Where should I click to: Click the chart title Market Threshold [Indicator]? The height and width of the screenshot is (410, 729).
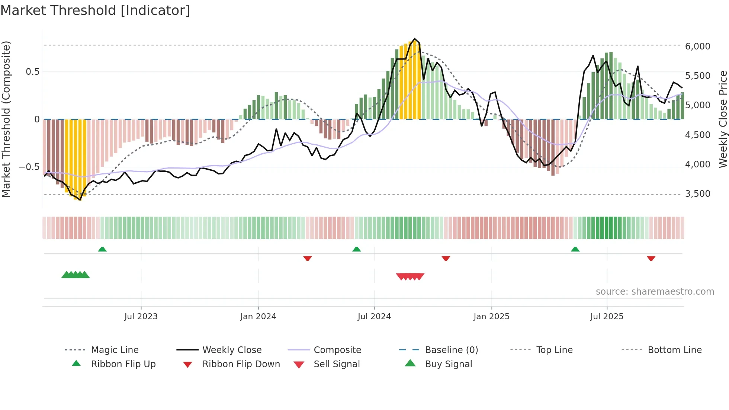click(95, 10)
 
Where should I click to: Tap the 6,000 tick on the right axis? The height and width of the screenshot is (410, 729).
click(697, 47)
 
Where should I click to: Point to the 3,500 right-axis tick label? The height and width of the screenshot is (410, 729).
click(697, 194)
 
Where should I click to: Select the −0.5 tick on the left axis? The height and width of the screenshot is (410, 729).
click(29, 167)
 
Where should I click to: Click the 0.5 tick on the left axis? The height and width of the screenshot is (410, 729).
click(32, 72)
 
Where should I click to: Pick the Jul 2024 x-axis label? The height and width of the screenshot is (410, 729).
click(374, 317)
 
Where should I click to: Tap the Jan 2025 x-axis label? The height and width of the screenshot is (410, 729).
click(491, 317)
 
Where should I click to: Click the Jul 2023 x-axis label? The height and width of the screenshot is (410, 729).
click(141, 317)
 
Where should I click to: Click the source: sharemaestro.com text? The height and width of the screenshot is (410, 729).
click(655, 292)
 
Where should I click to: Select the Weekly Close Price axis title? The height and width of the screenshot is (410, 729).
click(723, 119)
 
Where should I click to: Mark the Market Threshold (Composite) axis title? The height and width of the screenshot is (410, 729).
click(6, 119)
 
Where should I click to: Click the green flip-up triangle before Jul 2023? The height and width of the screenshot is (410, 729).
click(102, 249)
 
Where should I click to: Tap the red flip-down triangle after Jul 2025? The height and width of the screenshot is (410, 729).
click(651, 258)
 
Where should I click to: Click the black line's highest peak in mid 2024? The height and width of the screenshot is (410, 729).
click(415, 39)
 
